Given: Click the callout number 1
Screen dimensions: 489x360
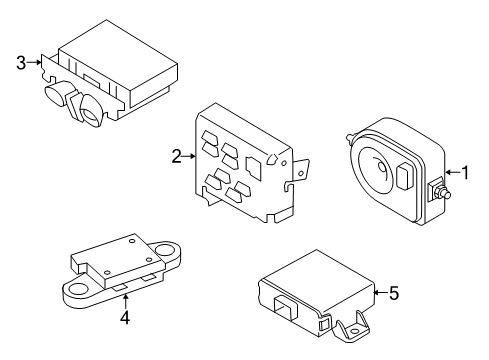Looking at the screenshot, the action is point(464,172).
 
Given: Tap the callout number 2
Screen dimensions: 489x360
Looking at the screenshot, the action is point(177,156).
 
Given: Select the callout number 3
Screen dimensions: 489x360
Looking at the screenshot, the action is point(21,63).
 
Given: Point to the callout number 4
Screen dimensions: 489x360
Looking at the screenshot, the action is point(125,318).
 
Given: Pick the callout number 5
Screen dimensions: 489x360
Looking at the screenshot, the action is point(394,293).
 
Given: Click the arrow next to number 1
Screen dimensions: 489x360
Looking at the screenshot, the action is point(452,172).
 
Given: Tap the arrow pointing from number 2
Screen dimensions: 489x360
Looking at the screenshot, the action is point(189,156).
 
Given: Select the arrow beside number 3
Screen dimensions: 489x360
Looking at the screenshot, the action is point(34,62).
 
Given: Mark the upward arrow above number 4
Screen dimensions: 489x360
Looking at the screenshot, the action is point(125,301).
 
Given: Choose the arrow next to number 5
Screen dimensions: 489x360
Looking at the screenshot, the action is point(381,293).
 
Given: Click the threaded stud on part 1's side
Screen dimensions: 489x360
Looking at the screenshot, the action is point(444,193).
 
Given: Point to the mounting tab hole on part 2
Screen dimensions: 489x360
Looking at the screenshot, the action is point(301,173).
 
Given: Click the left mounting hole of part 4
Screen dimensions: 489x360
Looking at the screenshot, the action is point(79,289).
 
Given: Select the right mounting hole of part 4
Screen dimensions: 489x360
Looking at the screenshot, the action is point(164,248).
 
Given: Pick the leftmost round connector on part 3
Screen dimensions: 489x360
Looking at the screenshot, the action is point(57,93).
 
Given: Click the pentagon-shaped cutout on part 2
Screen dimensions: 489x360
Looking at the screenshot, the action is point(273,159).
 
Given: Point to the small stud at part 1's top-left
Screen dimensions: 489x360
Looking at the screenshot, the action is point(351,137).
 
